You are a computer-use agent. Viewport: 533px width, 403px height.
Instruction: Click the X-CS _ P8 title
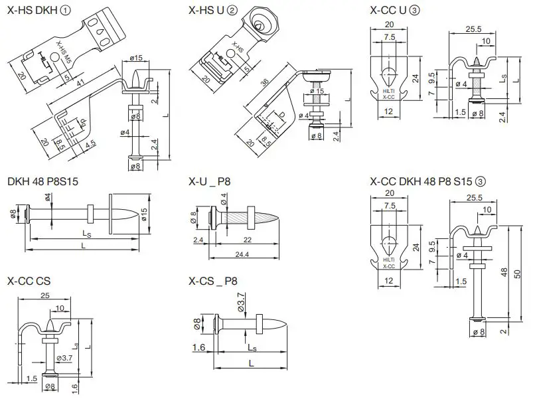click(x=213, y=281)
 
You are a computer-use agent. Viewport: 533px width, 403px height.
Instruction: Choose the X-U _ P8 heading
click(x=210, y=181)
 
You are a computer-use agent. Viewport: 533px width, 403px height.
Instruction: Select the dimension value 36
click(x=266, y=82)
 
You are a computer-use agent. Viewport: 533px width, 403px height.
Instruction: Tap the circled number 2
click(x=231, y=9)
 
